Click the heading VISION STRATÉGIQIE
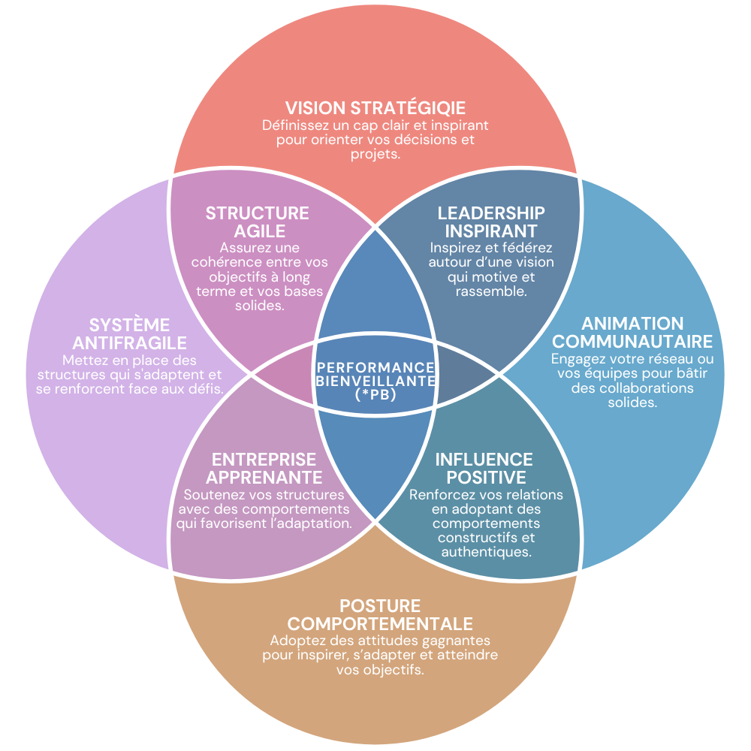tap(375, 107)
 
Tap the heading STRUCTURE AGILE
tap(258, 222)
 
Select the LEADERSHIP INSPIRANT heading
tap(491, 222)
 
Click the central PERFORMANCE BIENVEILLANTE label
tap(375, 374)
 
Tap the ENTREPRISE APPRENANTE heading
tap(264, 468)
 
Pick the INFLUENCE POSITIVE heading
tap(484, 468)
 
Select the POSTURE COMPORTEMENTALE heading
tap(380, 615)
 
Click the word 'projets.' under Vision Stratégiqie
tap(375, 155)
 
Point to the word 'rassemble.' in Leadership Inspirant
tap(491, 291)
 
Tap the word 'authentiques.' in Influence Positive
tap(485, 552)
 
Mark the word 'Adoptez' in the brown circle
tap(297, 641)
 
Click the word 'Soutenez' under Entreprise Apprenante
tap(212, 495)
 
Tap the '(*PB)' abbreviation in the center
tap(375, 394)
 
